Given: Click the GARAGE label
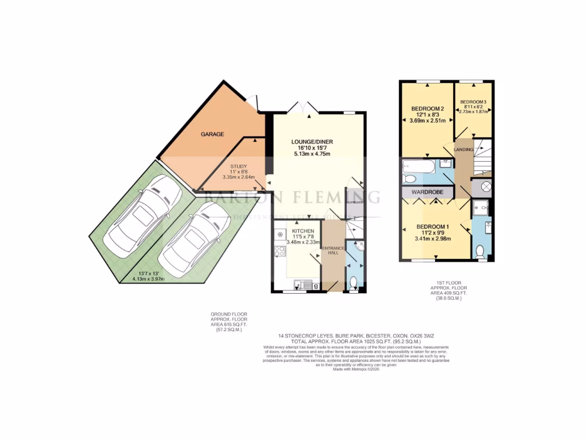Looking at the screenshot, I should [x=212, y=134].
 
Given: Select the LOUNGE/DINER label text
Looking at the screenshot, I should [x=312, y=142].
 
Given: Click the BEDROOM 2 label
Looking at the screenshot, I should [x=427, y=109].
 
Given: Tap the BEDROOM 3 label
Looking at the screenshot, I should [x=474, y=102].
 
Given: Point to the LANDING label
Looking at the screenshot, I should [x=464, y=150].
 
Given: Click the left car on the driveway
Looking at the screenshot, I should [x=145, y=217].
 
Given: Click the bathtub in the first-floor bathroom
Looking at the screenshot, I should [x=419, y=168].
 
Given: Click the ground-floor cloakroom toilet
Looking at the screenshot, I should [x=354, y=282].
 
